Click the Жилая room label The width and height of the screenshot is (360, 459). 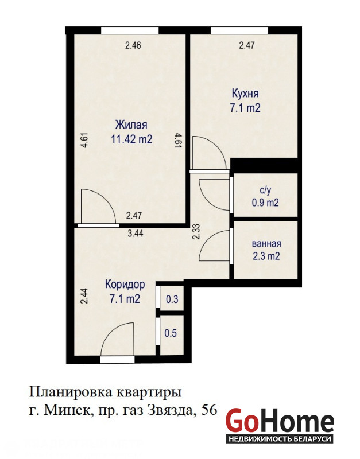(131, 125)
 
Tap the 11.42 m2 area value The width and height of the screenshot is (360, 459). (131, 139)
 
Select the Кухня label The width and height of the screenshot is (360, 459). (245, 94)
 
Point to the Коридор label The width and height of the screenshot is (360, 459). (125, 285)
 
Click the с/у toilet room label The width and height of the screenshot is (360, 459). (265, 190)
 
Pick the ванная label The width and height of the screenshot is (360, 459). (266, 243)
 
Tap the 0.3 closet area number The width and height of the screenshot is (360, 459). (172, 299)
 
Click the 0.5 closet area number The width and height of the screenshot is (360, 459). (171, 333)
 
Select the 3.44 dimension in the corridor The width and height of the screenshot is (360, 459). (136, 234)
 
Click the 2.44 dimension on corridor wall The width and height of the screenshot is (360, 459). (84, 296)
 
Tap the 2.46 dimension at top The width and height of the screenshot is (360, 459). (133, 45)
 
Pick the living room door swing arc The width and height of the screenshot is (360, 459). (106, 199)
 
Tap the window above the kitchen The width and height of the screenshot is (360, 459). (239, 30)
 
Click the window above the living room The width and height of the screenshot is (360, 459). (130, 30)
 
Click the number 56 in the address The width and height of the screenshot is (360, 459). (209, 410)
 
